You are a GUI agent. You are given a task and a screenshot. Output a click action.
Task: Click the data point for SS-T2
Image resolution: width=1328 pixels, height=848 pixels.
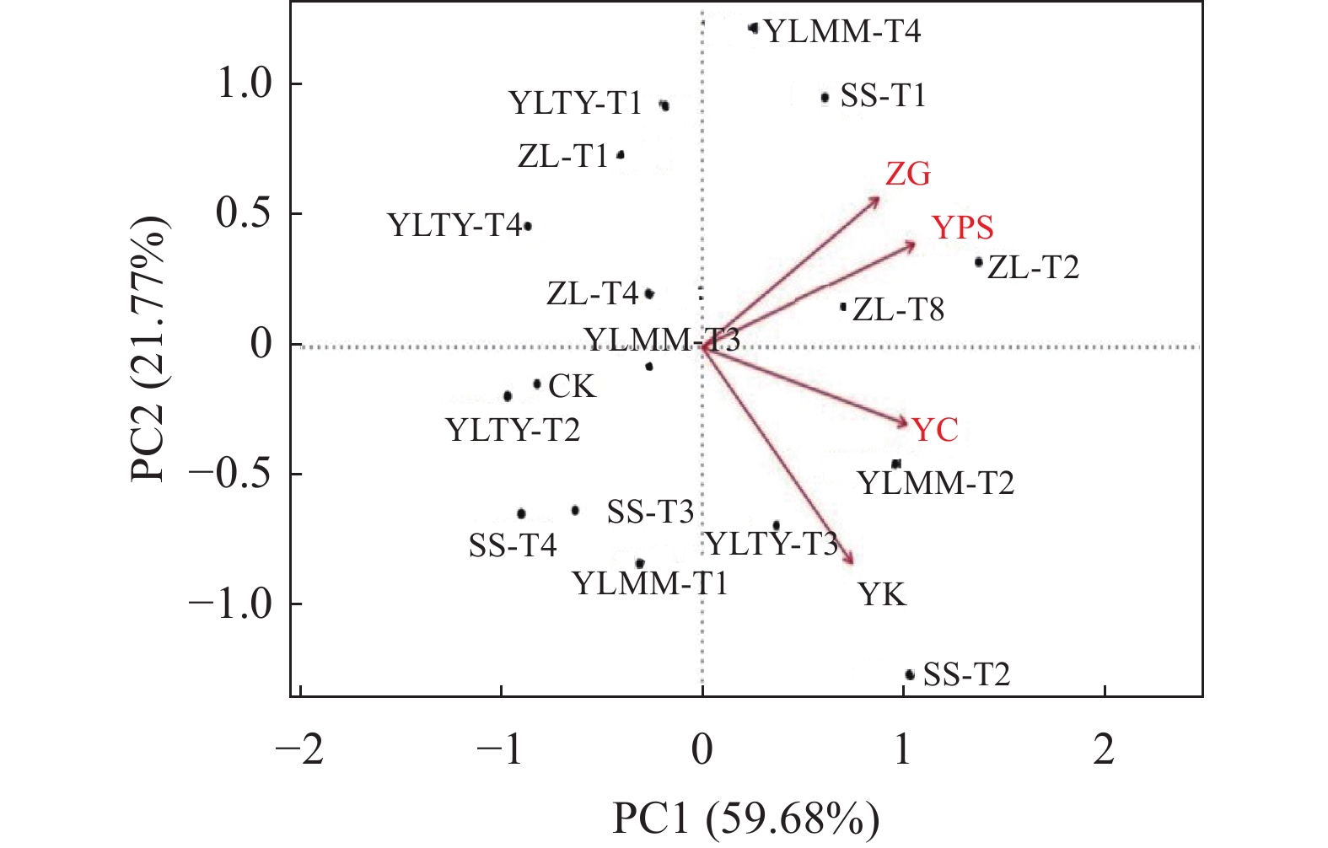[910, 674]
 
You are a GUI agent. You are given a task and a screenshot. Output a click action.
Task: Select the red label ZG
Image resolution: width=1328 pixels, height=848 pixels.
[908, 174]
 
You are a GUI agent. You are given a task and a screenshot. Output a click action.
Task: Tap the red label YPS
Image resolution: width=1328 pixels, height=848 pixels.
[963, 228]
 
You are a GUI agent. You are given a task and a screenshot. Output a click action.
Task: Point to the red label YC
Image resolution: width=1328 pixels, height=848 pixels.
[935, 430]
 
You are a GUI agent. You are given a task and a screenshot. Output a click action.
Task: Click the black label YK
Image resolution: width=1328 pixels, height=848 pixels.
[882, 595]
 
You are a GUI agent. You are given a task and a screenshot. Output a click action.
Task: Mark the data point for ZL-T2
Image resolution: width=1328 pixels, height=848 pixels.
[979, 262]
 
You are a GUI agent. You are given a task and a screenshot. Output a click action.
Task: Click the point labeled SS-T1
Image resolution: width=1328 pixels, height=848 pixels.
[825, 98]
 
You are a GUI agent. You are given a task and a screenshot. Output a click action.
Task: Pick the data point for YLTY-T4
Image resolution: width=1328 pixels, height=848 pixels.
[528, 226]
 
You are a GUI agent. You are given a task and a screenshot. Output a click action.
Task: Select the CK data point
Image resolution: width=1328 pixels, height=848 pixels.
[537, 384]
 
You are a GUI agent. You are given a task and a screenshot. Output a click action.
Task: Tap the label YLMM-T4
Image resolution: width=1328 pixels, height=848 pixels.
[841, 32]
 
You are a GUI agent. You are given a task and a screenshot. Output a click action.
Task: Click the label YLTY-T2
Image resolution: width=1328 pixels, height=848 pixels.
[513, 431]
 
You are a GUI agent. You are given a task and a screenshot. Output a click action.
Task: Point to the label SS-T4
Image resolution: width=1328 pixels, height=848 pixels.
[513, 546]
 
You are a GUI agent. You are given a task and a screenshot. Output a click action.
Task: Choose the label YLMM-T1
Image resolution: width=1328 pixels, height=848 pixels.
[649, 583]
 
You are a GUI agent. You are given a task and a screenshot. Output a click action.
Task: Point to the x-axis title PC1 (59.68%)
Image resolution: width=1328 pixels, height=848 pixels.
[745, 818]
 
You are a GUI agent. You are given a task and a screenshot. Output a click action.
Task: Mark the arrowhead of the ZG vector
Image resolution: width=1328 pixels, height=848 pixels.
[878, 199]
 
